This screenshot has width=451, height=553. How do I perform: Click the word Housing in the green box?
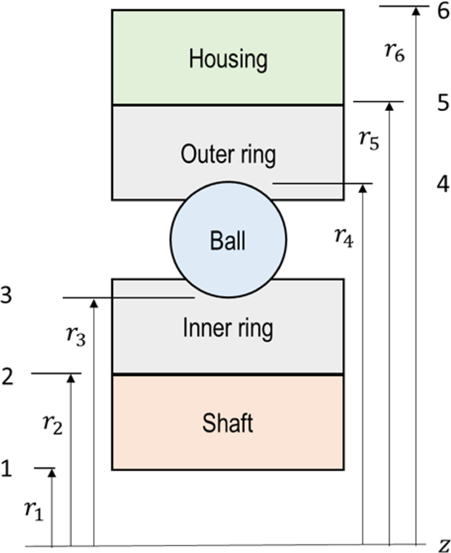(228, 59)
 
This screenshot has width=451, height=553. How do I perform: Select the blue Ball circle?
(228, 241)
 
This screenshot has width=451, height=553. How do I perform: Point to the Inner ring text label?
(228, 328)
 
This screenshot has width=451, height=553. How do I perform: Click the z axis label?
(444, 545)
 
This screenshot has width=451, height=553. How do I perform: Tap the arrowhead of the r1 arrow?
(52, 474)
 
